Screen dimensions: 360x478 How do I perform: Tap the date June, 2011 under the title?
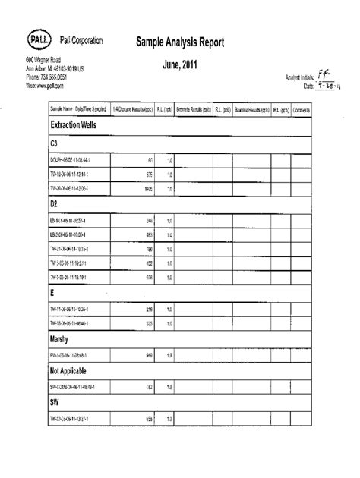(x=180, y=65)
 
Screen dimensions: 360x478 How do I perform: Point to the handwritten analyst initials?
(x=325, y=75)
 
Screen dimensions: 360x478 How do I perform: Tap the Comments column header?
(x=323, y=108)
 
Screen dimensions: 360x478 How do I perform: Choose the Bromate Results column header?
(x=194, y=108)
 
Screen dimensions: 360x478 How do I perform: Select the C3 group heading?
(x=55, y=143)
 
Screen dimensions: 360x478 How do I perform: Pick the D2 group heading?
(x=55, y=204)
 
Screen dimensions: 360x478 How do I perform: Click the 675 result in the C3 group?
(x=148, y=174)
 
